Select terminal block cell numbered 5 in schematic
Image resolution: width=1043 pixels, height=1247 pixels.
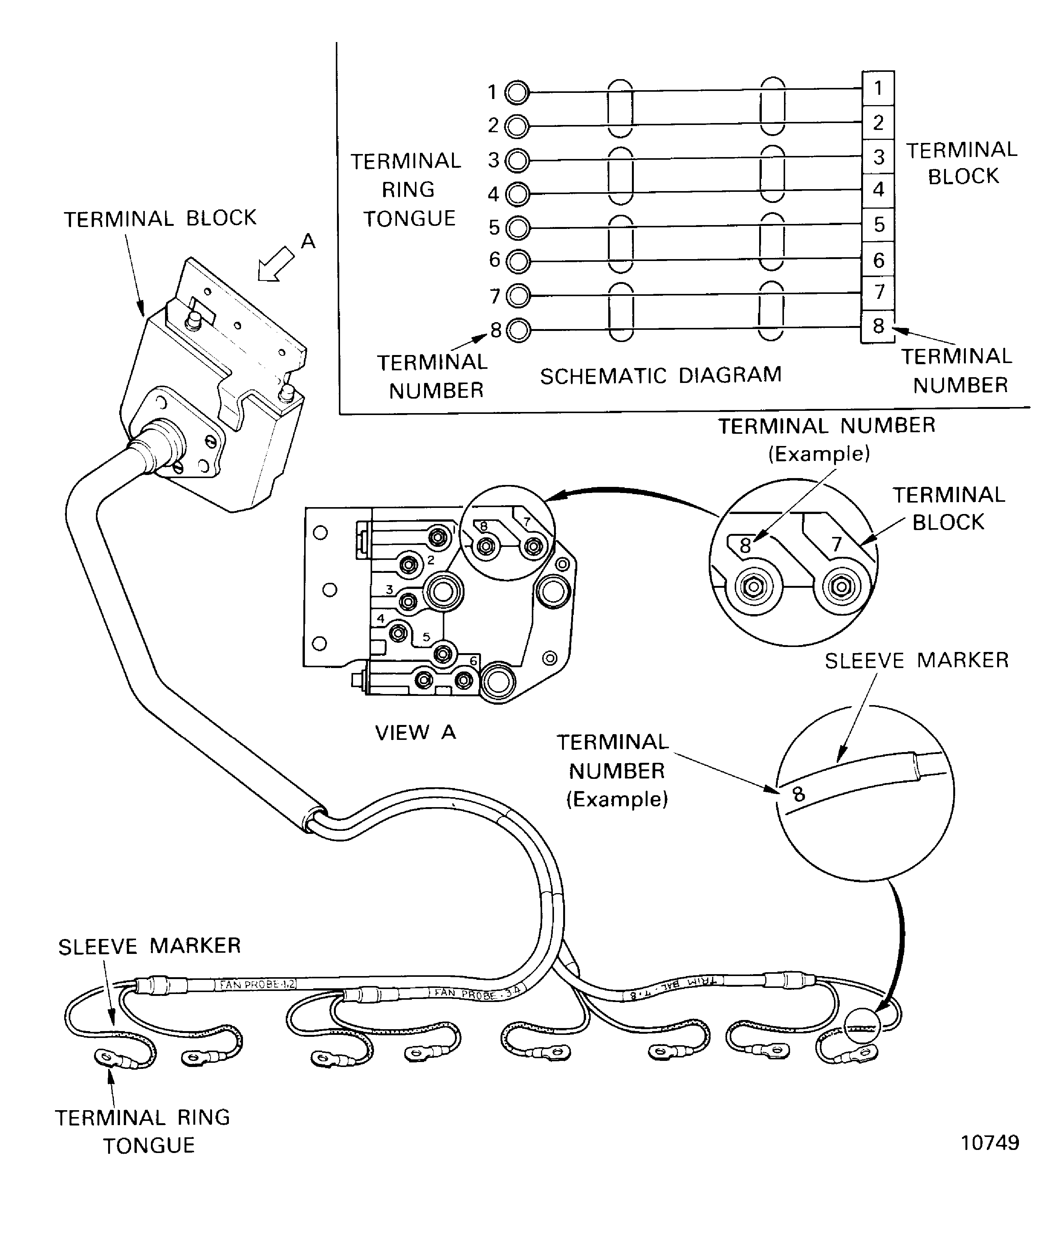(878, 224)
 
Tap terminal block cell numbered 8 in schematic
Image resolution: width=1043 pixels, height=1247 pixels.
(878, 326)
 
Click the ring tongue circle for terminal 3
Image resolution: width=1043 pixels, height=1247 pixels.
(518, 161)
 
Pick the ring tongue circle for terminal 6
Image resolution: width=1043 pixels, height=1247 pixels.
(518, 261)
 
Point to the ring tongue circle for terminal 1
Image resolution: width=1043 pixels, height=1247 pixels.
(517, 92)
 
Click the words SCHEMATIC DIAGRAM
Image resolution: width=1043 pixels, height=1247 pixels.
(660, 375)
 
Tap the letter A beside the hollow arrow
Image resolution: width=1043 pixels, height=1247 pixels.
(308, 241)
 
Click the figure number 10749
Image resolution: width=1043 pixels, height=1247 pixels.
(990, 1143)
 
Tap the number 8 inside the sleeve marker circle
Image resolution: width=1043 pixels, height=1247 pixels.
(798, 794)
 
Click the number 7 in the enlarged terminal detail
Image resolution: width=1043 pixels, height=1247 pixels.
(836, 543)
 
